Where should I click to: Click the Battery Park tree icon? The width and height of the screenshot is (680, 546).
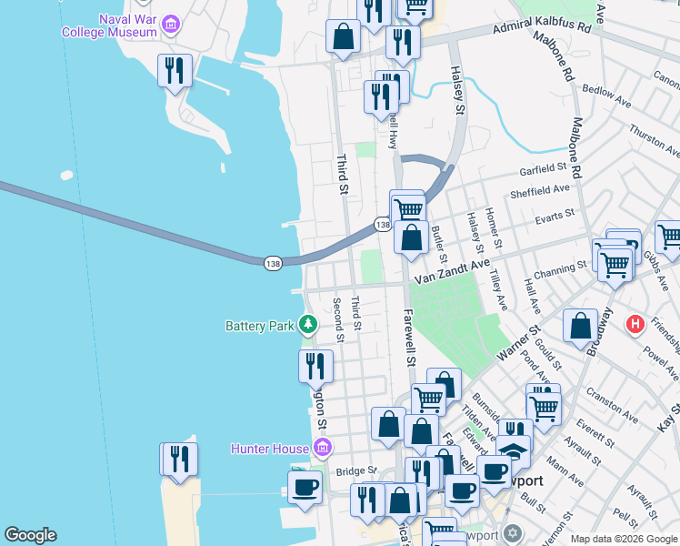[308, 324]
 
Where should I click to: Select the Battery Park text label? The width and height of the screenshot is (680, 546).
[262, 325]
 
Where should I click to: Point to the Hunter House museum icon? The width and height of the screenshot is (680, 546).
[320, 447]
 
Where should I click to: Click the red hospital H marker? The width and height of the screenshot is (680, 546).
[635, 323]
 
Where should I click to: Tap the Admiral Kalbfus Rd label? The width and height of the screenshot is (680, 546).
[543, 28]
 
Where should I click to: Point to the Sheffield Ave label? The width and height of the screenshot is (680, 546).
[542, 190]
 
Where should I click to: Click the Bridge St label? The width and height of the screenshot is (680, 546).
[356, 470]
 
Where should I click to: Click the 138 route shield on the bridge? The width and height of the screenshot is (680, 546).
[273, 263]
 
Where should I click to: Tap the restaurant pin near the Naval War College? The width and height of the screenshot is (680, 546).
[175, 71]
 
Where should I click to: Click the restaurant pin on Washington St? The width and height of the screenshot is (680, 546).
[315, 366]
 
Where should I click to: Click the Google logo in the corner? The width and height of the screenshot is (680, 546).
[30, 535]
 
